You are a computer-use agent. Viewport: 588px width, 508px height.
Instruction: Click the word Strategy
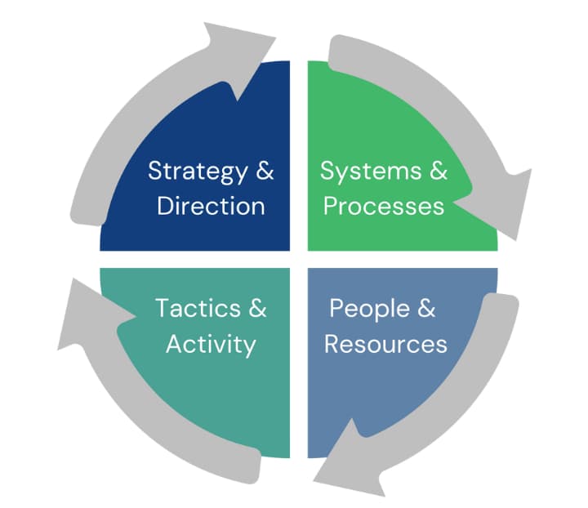(x=197, y=172)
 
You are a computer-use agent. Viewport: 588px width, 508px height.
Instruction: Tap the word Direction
(x=211, y=205)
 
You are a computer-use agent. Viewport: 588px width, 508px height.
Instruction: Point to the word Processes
(x=384, y=205)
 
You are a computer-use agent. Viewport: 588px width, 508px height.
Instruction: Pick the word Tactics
(x=198, y=309)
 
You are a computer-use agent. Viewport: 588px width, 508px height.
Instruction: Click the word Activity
(x=211, y=344)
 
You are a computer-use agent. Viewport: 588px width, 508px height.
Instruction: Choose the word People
(x=370, y=309)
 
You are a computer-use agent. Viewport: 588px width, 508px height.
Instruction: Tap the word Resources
(x=385, y=343)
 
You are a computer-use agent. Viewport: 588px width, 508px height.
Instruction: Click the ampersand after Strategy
(x=265, y=172)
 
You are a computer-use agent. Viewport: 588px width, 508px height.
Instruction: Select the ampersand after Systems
(x=438, y=172)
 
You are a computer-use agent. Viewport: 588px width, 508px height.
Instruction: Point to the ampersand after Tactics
(x=257, y=309)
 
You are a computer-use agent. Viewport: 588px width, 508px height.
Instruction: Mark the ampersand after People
(x=426, y=309)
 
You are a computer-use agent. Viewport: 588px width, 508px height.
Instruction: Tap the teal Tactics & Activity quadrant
(x=212, y=400)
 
